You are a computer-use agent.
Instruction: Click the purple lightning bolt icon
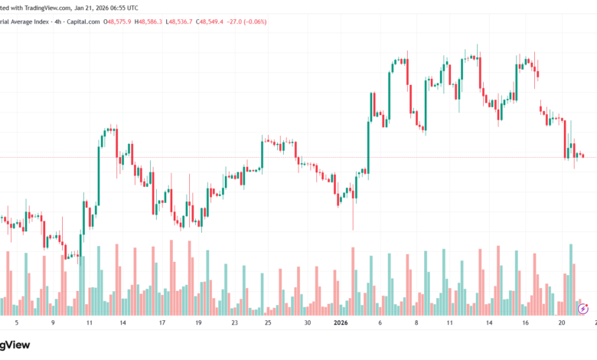[584, 309]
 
